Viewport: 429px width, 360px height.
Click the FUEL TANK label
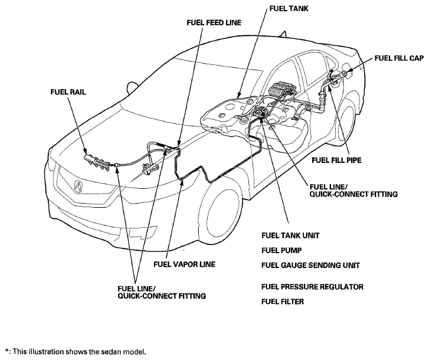click(x=289, y=8)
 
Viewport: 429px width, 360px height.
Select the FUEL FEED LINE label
click(x=214, y=22)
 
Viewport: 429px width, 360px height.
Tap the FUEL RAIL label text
click(x=68, y=92)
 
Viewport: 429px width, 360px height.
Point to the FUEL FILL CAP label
click(x=399, y=58)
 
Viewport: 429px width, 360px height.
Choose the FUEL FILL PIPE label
click(x=336, y=160)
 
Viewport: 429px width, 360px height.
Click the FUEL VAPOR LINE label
click(x=184, y=264)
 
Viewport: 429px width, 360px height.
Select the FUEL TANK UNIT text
click(x=290, y=235)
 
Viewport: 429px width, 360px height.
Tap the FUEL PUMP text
click(x=281, y=250)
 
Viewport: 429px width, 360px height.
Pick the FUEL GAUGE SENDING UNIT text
click(x=310, y=266)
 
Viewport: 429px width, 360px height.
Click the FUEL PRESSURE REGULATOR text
click(x=312, y=287)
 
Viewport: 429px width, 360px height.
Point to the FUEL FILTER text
click(x=283, y=302)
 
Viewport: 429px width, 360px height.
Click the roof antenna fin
click(x=283, y=34)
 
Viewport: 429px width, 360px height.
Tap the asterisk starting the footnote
click(x=6, y=351)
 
